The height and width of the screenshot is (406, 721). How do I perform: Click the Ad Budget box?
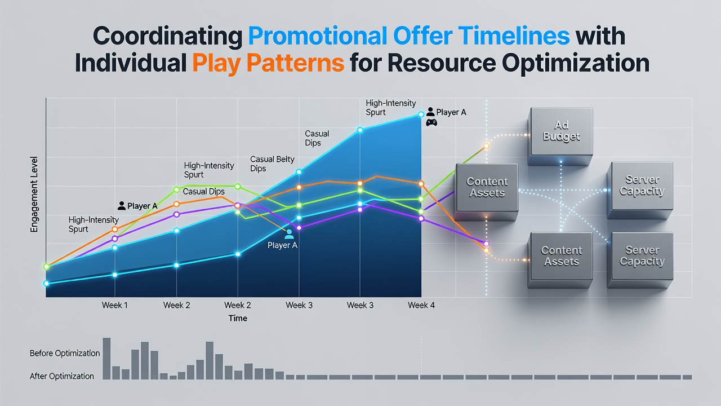click(560, 136)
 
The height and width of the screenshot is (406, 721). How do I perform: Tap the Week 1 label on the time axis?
click(114, 305)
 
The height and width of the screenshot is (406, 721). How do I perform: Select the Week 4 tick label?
click(421, 305)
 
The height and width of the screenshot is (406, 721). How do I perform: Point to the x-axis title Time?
click(238, 319)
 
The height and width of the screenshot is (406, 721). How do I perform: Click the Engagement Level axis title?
click(34, 195)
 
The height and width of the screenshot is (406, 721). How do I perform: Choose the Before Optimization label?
click(65, 353)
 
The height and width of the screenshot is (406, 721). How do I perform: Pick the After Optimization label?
click(62, 376)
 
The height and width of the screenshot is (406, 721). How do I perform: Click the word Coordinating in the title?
click(167, 36)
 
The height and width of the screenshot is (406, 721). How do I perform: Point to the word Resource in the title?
click(442, 63)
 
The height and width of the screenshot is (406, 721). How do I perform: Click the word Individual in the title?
click(131, 63)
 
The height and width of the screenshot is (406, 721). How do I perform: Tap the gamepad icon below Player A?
click(431, 122)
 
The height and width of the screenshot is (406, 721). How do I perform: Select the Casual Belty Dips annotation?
click(272, 164)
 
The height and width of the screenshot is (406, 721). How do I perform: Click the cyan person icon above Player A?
click(289, 234)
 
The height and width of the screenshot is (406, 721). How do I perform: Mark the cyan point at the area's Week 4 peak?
click(421, 114)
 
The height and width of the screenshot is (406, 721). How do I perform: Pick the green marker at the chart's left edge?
click(46, 267)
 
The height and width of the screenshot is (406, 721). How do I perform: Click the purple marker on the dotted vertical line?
click(486, 244)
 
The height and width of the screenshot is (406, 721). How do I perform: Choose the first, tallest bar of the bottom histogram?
click(106, 358)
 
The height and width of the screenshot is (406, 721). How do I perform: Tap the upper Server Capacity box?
click(640, 190)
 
